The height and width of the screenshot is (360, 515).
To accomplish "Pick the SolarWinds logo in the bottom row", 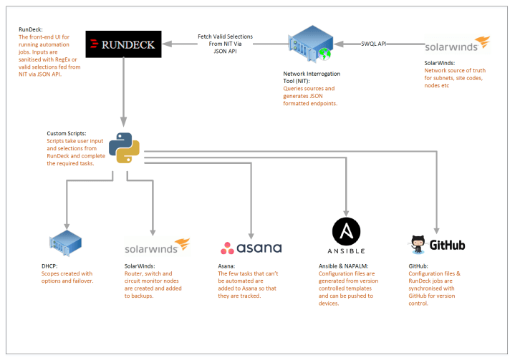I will (157, 246).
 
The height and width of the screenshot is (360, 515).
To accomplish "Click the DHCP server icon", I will (65, 246).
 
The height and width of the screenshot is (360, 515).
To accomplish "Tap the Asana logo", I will (251, 248).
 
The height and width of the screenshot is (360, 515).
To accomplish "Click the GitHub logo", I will (438, 245).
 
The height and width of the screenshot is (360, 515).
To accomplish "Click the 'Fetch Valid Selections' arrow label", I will (225, 37).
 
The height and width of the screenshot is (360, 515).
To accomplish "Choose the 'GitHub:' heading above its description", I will (418, 266).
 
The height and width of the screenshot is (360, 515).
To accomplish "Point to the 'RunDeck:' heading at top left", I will (32, 30).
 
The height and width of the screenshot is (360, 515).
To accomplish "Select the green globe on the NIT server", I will (324, 53).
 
